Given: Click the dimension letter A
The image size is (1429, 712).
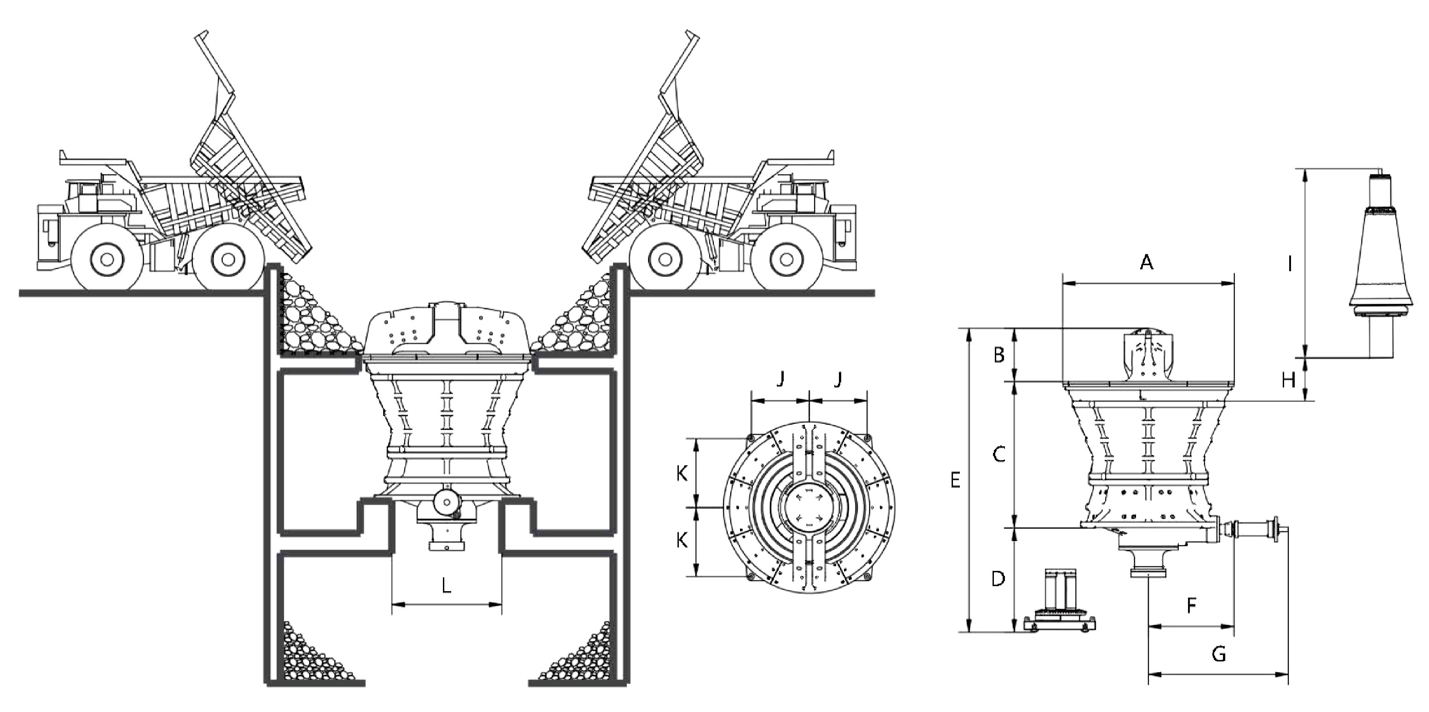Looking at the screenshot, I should (x=1146, y=262).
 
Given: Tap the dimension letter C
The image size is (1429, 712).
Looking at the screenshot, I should (x=999, y=455).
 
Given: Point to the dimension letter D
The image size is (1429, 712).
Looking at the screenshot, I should (x=998, y=580).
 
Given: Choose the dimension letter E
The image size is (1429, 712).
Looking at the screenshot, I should (x=955, y=480).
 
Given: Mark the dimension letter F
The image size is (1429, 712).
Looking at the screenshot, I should (x=1191, y=605).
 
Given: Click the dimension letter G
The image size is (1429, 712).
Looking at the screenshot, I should (x=1219, y=655).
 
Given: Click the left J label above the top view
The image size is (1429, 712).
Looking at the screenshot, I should (x=780, y=379).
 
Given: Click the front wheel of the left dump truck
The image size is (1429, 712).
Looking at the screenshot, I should (x=108, y=259).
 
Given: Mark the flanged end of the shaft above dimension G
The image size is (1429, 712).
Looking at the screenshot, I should (x=1277, y=533).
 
